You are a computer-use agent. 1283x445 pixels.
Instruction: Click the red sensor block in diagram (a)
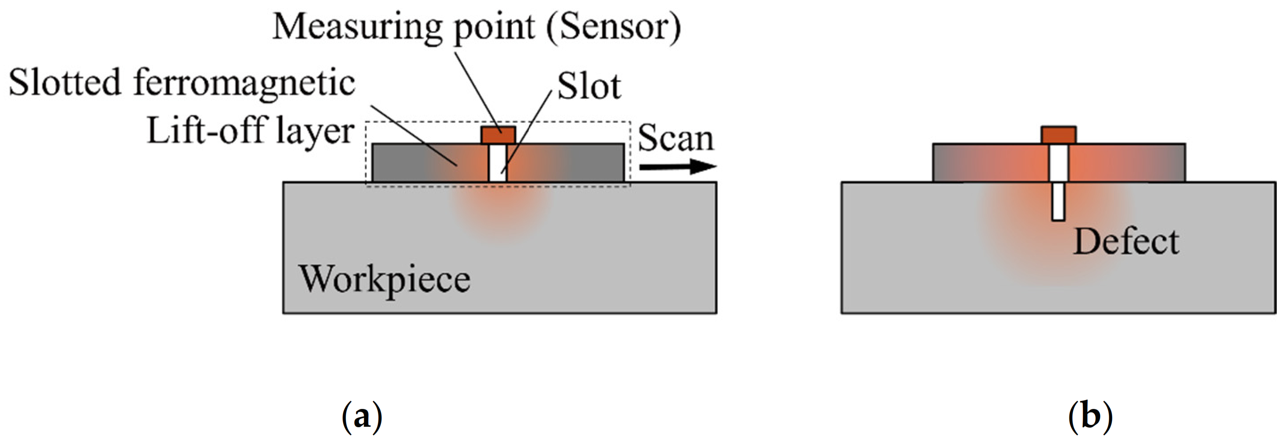pos(498,135)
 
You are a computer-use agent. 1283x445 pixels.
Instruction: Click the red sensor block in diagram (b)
pos(1058,135)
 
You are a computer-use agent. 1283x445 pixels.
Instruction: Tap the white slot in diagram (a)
pos(497,163)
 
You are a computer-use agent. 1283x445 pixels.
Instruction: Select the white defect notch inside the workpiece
pos(1058,202)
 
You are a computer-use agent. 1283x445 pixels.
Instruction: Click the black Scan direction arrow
pos(677,167)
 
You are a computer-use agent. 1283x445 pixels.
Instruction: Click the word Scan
pos(676,138)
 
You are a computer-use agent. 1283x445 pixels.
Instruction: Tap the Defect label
pos(1126,242)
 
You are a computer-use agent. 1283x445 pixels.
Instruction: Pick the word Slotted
pos(65,82)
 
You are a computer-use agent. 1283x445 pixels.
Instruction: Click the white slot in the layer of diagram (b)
pos(1058,163)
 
